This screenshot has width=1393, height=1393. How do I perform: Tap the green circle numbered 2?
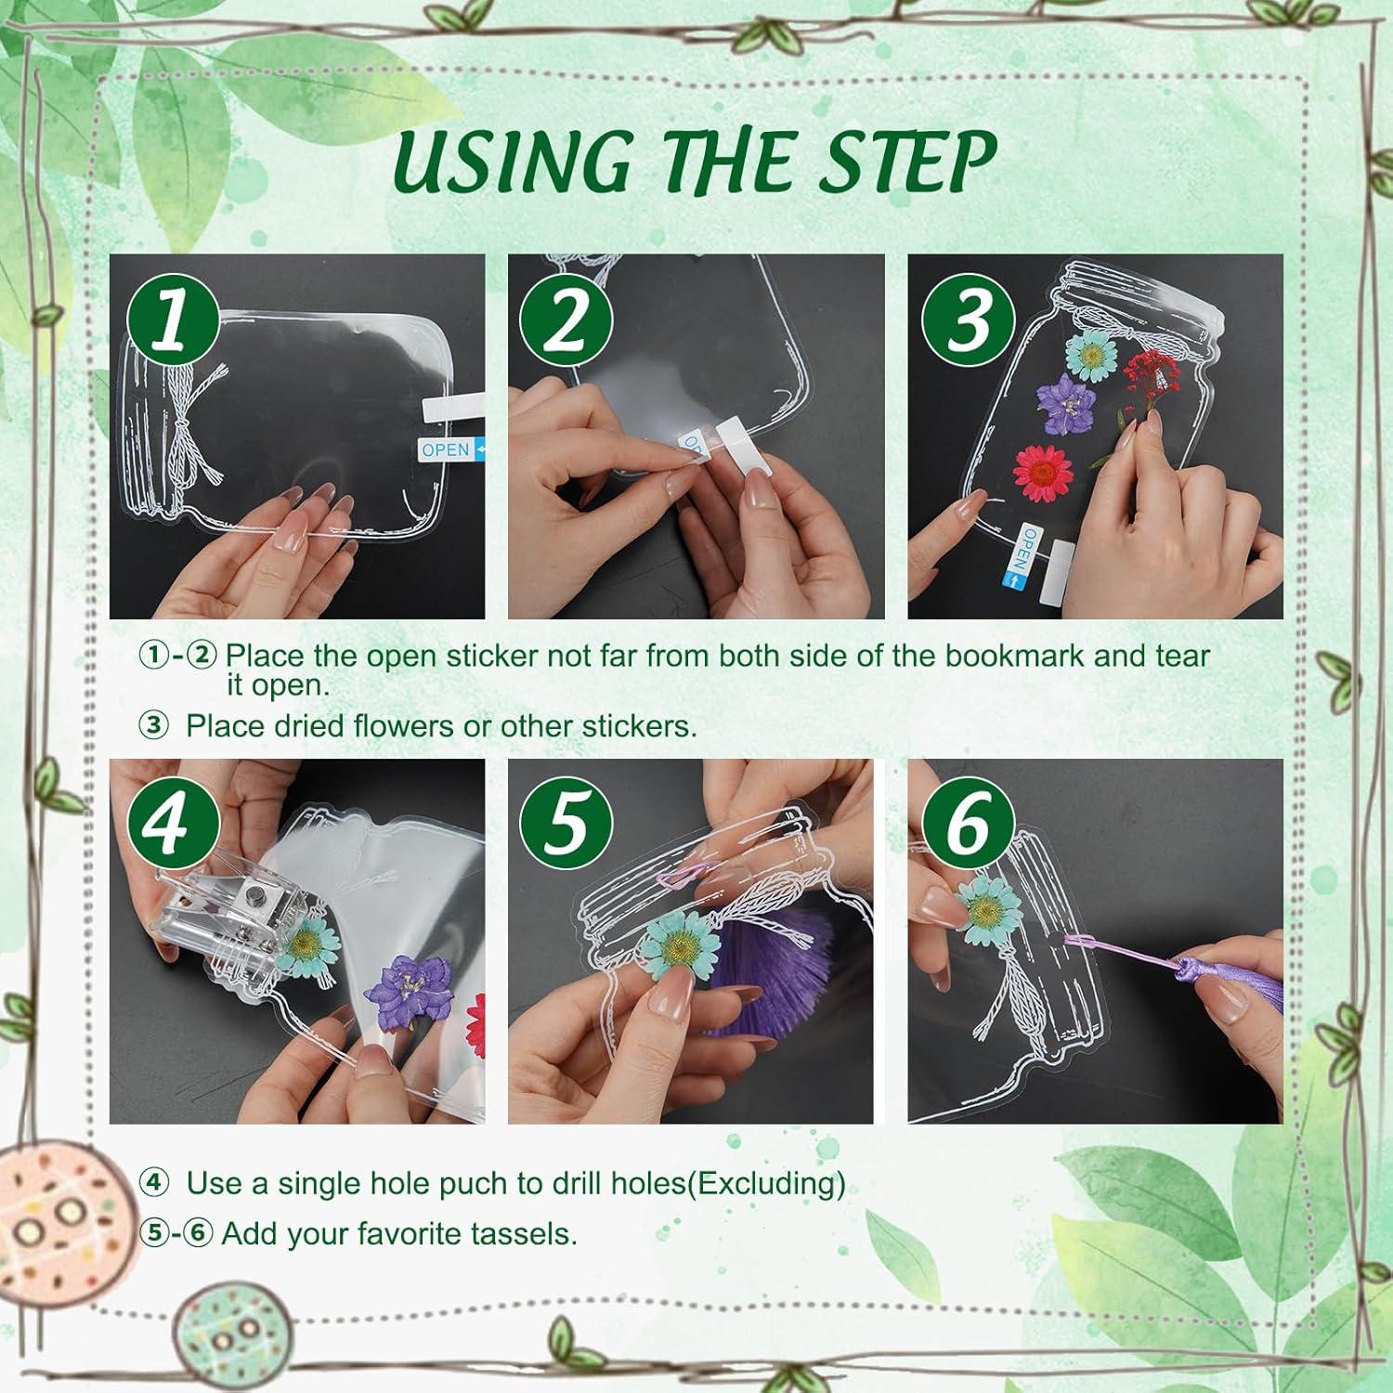click(x=566, y=319)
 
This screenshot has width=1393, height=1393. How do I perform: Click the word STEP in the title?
click(x=899, y=163)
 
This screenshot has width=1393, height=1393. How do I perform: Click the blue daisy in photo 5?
click(x=681, y=948)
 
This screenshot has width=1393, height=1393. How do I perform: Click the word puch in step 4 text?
click(x=475, y=1185)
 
